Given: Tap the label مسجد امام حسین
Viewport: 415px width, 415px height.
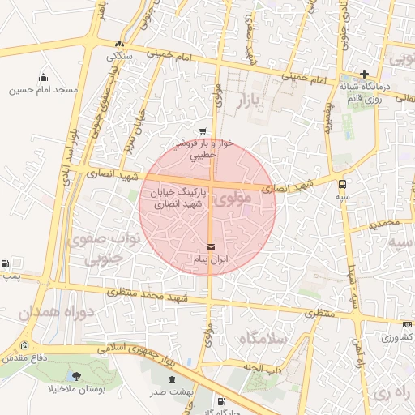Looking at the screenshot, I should point(44,90).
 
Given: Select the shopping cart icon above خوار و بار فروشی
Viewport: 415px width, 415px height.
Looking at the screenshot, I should point(202,130).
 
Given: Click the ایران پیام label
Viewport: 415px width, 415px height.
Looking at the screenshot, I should point(211,259).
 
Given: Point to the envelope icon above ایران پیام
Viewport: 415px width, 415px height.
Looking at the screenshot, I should point(212,246).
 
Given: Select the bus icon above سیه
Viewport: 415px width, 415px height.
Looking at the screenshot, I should point(343,184).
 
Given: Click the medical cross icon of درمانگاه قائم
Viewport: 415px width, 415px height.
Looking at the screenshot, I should point(365,74).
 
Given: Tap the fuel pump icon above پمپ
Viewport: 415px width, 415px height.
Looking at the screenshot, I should point(6,264).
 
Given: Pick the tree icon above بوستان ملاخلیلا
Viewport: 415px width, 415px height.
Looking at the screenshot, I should point(77,376).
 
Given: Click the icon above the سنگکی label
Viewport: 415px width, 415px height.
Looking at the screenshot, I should point(121,45).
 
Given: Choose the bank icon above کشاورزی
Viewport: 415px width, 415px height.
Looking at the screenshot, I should point(407,324).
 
